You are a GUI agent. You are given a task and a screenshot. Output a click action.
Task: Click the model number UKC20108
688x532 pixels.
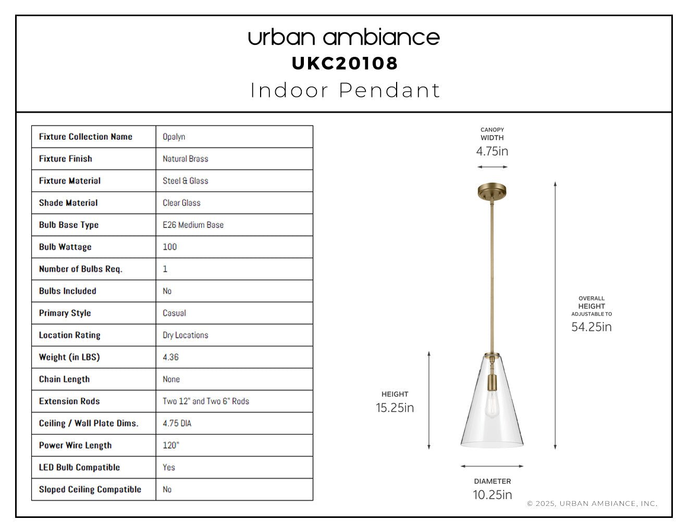point(344,64)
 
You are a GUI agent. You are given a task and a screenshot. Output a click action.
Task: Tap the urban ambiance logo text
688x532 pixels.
point(344,38)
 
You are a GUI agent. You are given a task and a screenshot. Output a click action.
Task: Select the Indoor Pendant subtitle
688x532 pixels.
point(345,90)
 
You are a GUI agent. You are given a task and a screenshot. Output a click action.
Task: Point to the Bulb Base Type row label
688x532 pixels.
point(69,225)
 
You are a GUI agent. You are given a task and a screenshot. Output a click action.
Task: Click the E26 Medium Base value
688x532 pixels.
point(193,225)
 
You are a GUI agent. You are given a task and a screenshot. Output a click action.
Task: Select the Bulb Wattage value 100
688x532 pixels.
point(170,247)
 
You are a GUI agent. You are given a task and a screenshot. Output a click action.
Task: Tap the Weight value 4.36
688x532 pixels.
point(170,357)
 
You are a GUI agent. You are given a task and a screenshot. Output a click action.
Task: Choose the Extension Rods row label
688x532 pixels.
point(69,401)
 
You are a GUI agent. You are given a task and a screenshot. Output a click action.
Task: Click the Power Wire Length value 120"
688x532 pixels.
point(171,445)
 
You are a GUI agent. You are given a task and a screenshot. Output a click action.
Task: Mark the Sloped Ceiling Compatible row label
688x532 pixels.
point(90,490)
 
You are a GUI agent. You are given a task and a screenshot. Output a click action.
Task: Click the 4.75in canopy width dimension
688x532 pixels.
point(492,151)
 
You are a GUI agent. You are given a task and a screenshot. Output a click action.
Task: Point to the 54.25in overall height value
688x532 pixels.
point(592,327)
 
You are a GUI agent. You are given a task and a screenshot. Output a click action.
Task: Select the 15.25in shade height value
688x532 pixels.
point(395,408)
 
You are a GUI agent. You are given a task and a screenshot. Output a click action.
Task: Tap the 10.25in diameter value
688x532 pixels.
point(493,495)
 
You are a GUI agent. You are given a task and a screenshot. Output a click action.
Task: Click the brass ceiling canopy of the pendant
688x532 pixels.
point(492,191)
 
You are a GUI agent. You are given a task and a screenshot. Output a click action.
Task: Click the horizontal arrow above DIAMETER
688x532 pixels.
point(492,466)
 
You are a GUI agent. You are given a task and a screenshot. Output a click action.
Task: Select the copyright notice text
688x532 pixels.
point(592,503)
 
